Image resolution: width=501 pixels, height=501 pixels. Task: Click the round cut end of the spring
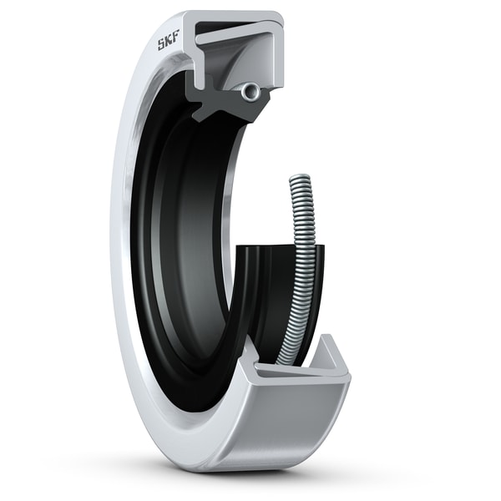coord(248,93)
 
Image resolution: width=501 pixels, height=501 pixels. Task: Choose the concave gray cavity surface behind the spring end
coord(242,67)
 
